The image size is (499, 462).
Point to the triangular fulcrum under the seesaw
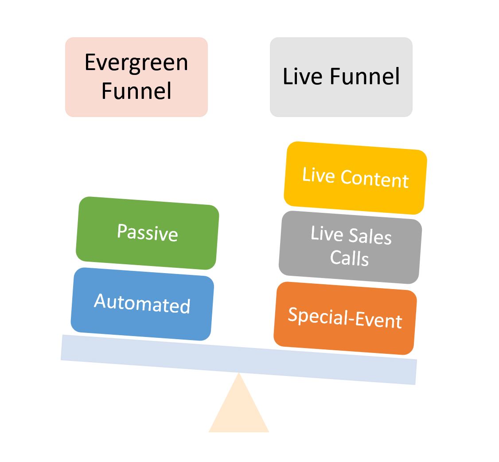click(x=239, y=410)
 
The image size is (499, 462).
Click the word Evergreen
click(x=136, y=63)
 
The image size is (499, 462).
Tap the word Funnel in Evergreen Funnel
click(x=136, y=91)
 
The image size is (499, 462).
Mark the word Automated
click(x=142, y=304)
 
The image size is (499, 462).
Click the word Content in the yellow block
click(x=374, y=179)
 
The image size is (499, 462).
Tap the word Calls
click(x=349, y=258)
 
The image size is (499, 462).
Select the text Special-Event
click(x=345, y=318)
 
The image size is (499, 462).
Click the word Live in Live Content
click(x=318, y=175)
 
